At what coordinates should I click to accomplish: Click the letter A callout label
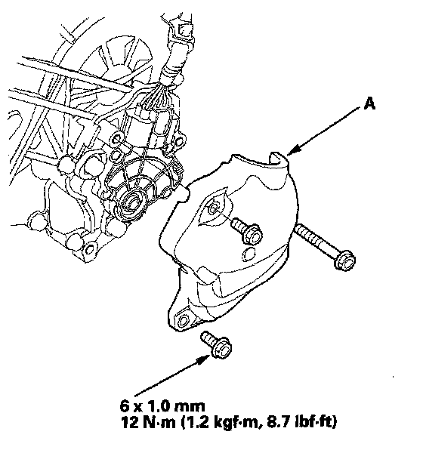pos(369,103)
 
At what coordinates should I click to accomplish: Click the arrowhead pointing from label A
pos(294,150)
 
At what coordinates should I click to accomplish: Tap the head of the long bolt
pos(345,260)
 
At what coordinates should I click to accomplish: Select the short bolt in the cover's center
pos(247,230)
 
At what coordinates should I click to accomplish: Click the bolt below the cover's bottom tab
pos(217,345)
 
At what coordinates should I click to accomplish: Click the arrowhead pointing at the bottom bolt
pos(205,359)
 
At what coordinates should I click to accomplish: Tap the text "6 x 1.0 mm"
pos(162,406)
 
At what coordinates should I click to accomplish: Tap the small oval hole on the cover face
pos(248,254)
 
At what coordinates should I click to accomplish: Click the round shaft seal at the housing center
pos(131,205)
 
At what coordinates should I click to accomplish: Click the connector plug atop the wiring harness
pos(183,29)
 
